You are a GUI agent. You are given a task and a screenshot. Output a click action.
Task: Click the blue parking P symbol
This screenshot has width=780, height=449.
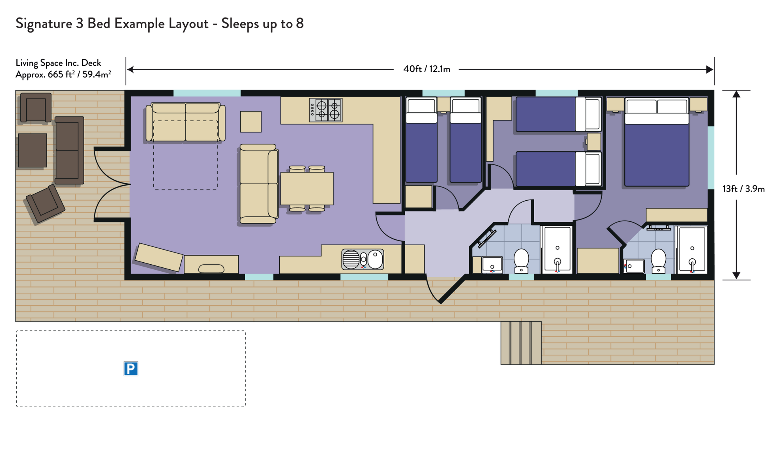(131, 369)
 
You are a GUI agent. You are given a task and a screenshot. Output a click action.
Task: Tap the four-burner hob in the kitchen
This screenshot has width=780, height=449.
(326, 110)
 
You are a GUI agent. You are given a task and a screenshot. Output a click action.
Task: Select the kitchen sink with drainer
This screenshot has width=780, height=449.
(363, 259)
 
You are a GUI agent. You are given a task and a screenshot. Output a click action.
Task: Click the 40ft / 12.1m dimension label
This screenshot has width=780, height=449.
(427, 69)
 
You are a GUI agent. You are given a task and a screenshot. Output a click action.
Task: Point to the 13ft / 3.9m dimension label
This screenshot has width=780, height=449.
(743, 189)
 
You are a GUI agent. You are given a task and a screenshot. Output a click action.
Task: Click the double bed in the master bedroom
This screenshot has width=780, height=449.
(657, 143)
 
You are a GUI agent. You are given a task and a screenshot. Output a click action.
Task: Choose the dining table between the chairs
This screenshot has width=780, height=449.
(307, 189)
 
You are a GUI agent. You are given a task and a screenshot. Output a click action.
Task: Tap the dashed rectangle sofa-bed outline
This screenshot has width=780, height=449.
(186, 155)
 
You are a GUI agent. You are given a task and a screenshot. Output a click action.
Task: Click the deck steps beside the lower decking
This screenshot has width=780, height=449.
(521, 343)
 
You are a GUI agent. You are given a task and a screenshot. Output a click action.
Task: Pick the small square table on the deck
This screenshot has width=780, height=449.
(33, 150)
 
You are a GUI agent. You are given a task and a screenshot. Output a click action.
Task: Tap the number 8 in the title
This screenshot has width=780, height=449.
(300, 23)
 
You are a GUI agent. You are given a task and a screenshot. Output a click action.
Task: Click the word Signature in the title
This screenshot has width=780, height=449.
(44, 24)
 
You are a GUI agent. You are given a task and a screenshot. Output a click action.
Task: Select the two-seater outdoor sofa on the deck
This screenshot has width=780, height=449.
(69, 150)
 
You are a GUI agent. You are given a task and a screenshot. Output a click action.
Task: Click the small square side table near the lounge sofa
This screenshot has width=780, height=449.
(251, 122)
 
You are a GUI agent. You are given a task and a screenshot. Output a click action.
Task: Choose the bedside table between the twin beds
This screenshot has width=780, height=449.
(443, 105)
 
